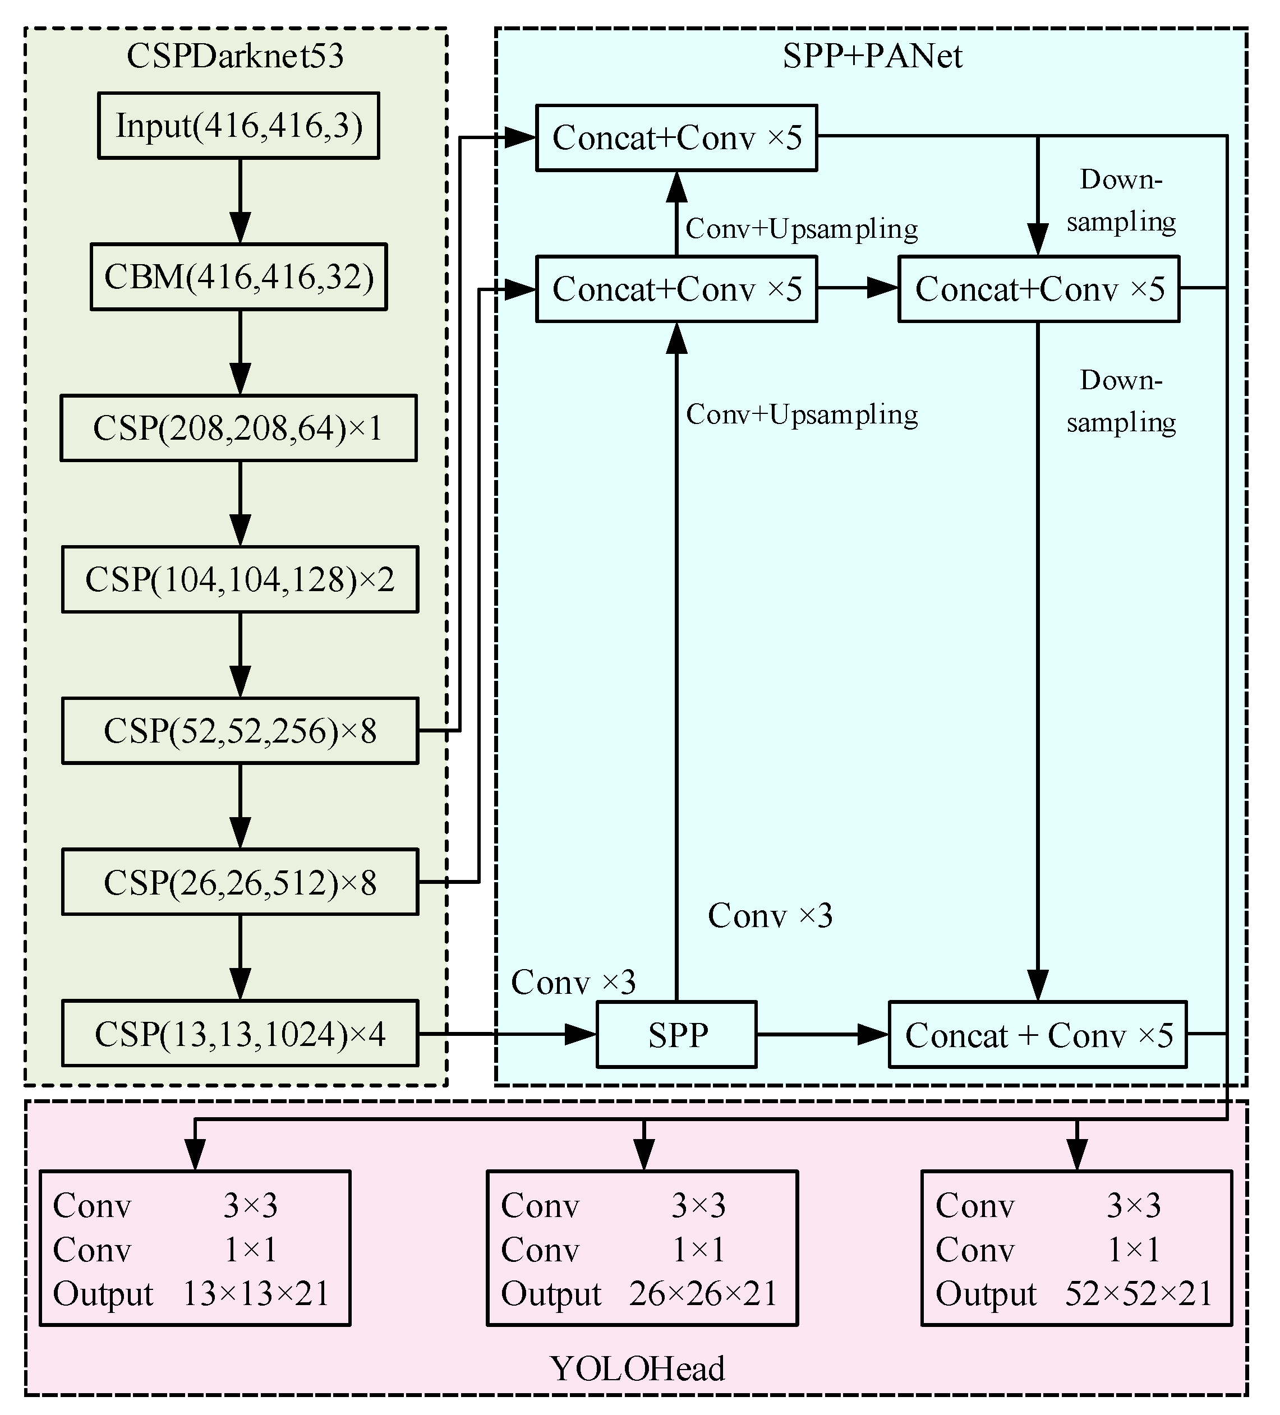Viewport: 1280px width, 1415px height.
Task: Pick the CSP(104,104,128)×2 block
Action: [x=240, y=580]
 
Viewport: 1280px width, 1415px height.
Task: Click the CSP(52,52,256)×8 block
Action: [x=240, y=731]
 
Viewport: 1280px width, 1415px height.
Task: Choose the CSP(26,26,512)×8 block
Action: [x=240, y=882]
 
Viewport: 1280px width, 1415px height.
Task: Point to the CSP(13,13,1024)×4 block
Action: [x=240, y=1034]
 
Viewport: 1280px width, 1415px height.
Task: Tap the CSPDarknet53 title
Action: [x=235, y=56]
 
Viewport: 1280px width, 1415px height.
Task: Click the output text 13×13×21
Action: [x=256, y=1293]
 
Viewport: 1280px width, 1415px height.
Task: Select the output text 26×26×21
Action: [x=703, y=1293]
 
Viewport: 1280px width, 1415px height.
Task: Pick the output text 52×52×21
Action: [x=1138, y=1293]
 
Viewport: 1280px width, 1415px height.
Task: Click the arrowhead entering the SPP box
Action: [x=581, y=1034]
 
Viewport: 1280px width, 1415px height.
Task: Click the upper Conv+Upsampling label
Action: [x=801, y=229]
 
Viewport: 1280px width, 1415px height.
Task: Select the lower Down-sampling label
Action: [x=1121, y=402]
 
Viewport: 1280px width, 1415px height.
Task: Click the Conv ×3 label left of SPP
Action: [x=573, y=982]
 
